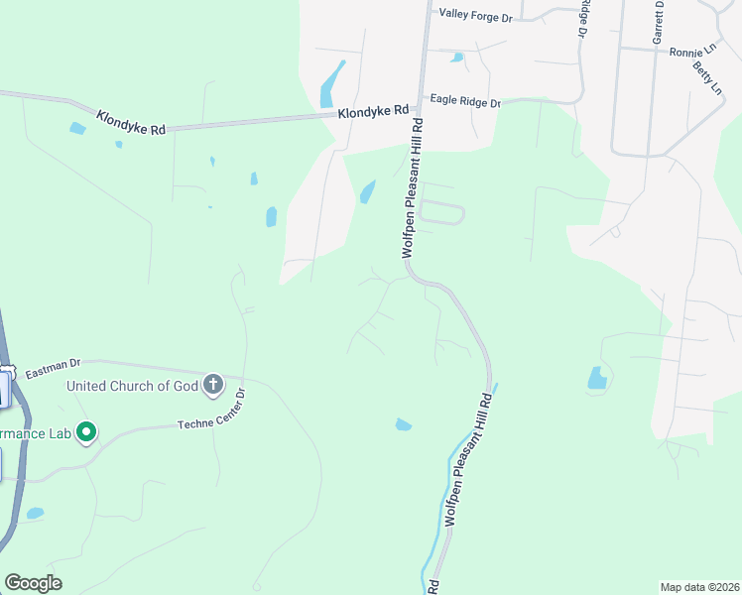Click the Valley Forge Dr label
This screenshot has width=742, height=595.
point(474,17)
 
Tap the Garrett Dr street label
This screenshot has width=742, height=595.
point(657,21)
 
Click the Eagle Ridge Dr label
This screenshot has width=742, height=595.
point(465,101)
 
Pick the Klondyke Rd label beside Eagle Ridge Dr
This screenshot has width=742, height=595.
point(373,113)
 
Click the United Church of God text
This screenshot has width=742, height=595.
point(132,386)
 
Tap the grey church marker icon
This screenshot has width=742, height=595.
point(212,385)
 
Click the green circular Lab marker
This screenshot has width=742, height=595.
point(86,432)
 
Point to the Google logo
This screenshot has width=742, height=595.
point(33,583)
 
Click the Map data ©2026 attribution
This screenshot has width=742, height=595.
point(699,586)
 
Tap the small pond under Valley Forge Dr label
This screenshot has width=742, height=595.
point(456,58)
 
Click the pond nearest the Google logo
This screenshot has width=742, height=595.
point(35,514)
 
